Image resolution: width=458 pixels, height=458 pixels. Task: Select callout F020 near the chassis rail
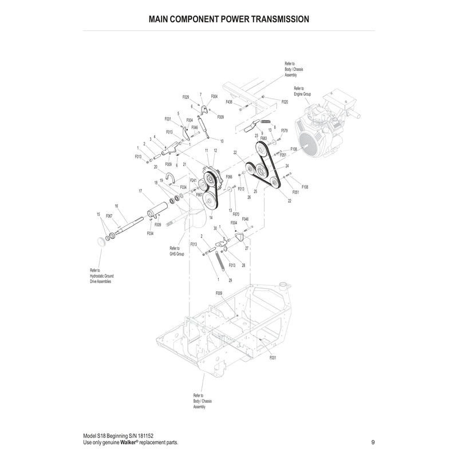pyautogui.click(x=285, y=101)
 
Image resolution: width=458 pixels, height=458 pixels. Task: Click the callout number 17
pyautogui.click(x=140, y=191)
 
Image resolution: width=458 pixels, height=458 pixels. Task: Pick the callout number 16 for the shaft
pyautogui.click(x=116, y=206)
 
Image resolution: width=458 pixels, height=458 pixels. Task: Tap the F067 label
pyautogui.click(x=109, y=216)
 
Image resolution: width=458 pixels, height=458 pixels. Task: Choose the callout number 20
pyautogui.click(x=155, y=167)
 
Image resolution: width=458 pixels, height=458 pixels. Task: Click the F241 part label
pyautogui.click(x=193, y=180)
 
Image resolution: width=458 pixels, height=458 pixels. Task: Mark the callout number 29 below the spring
pyautogui.click(x=230, y=281)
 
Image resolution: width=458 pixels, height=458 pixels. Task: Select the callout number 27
pyautogui.click(x=247, y=249)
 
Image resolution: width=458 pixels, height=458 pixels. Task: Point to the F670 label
pyautogui.click(x=236, y=214)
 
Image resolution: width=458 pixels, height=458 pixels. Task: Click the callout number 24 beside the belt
pyautogui.click(x=287, y=166)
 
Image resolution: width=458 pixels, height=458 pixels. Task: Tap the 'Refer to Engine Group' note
pyautogui.click(x=302, y=90)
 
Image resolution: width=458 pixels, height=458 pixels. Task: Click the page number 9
pyautogui.click(x=373, y=442)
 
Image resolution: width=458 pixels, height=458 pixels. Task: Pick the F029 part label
pyautogui.click(x=186, y=97)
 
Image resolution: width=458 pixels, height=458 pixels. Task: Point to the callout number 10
pyautogui.click(x=222, y=141)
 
